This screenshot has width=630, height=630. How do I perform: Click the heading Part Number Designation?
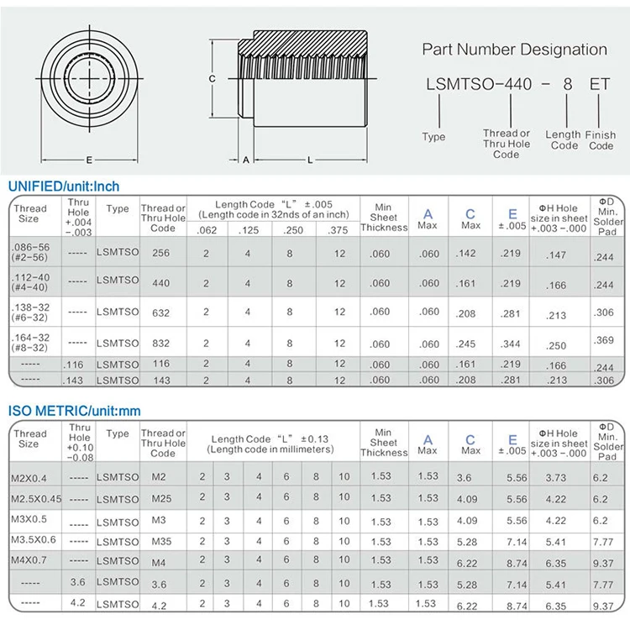514,50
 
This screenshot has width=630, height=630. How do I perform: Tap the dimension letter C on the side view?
213,78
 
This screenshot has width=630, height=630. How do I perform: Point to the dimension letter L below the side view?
309,159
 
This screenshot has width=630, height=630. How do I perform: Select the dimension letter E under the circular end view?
87,159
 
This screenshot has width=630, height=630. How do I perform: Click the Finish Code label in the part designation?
601,139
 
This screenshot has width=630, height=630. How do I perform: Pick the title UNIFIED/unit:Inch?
65,186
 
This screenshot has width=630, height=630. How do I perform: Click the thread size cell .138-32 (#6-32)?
28,312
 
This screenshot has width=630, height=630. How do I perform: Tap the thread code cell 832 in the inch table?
161,343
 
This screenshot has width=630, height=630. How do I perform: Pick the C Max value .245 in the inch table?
471,343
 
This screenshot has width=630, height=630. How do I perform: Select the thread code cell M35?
161,542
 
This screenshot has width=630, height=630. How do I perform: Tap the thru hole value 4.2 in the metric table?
77,602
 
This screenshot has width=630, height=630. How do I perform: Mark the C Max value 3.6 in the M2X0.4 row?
463,477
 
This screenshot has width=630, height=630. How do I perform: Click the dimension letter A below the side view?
245,159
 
